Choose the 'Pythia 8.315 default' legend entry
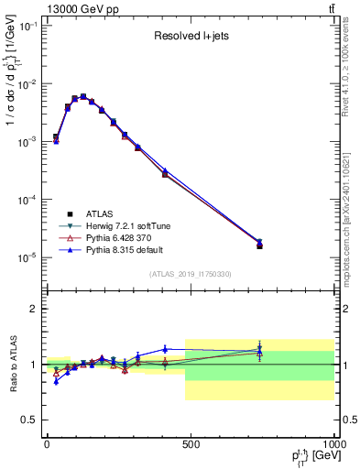(x=132, y=248)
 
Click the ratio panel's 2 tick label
(x=32, y=309)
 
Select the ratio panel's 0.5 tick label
(x=28, y=420)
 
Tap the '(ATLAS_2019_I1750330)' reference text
(x=191, y=274)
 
